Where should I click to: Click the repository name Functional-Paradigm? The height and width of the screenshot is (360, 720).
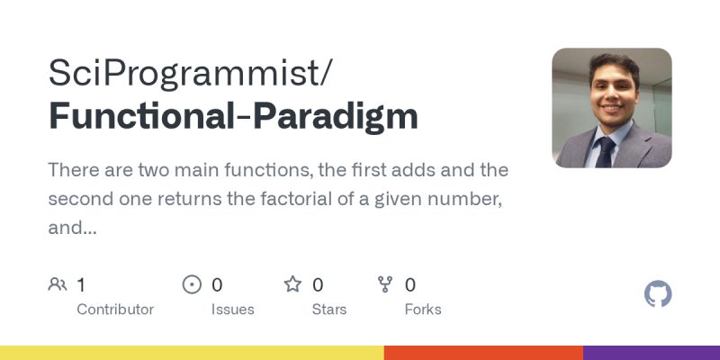click(x=233, y=117)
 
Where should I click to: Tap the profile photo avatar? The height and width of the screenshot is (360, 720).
click(x=611, y=108)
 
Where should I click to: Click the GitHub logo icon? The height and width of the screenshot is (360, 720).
click(x=658, y=294)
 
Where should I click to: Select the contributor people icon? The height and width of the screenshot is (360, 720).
click(x=58, y=285)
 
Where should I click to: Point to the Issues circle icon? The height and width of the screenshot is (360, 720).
click(x=192, y=285)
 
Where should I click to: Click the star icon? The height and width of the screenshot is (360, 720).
click(x=292, y=285)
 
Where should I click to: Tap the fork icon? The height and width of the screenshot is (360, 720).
click(x=385, y=285)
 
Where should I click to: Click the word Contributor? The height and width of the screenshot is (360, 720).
click(x=115, y=310)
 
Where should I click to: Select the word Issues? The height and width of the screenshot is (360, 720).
click(x=232, y=310)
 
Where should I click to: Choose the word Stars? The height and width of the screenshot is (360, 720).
click(x=330, y=310)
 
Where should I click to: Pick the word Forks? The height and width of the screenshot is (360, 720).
click(x=423, y=310)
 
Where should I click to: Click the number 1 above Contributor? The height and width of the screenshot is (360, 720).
click(x=81, y=285)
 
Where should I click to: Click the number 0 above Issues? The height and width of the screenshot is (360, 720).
click(x=217, y=285)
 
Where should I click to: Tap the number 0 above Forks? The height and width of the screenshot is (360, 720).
click(x=410, y=285)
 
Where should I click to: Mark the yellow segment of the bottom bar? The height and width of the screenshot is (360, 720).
click(x=192, y=353)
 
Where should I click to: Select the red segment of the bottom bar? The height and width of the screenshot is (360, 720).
click(x=483, y=353)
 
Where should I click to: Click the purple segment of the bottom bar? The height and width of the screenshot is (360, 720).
click(x=652, y=353)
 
